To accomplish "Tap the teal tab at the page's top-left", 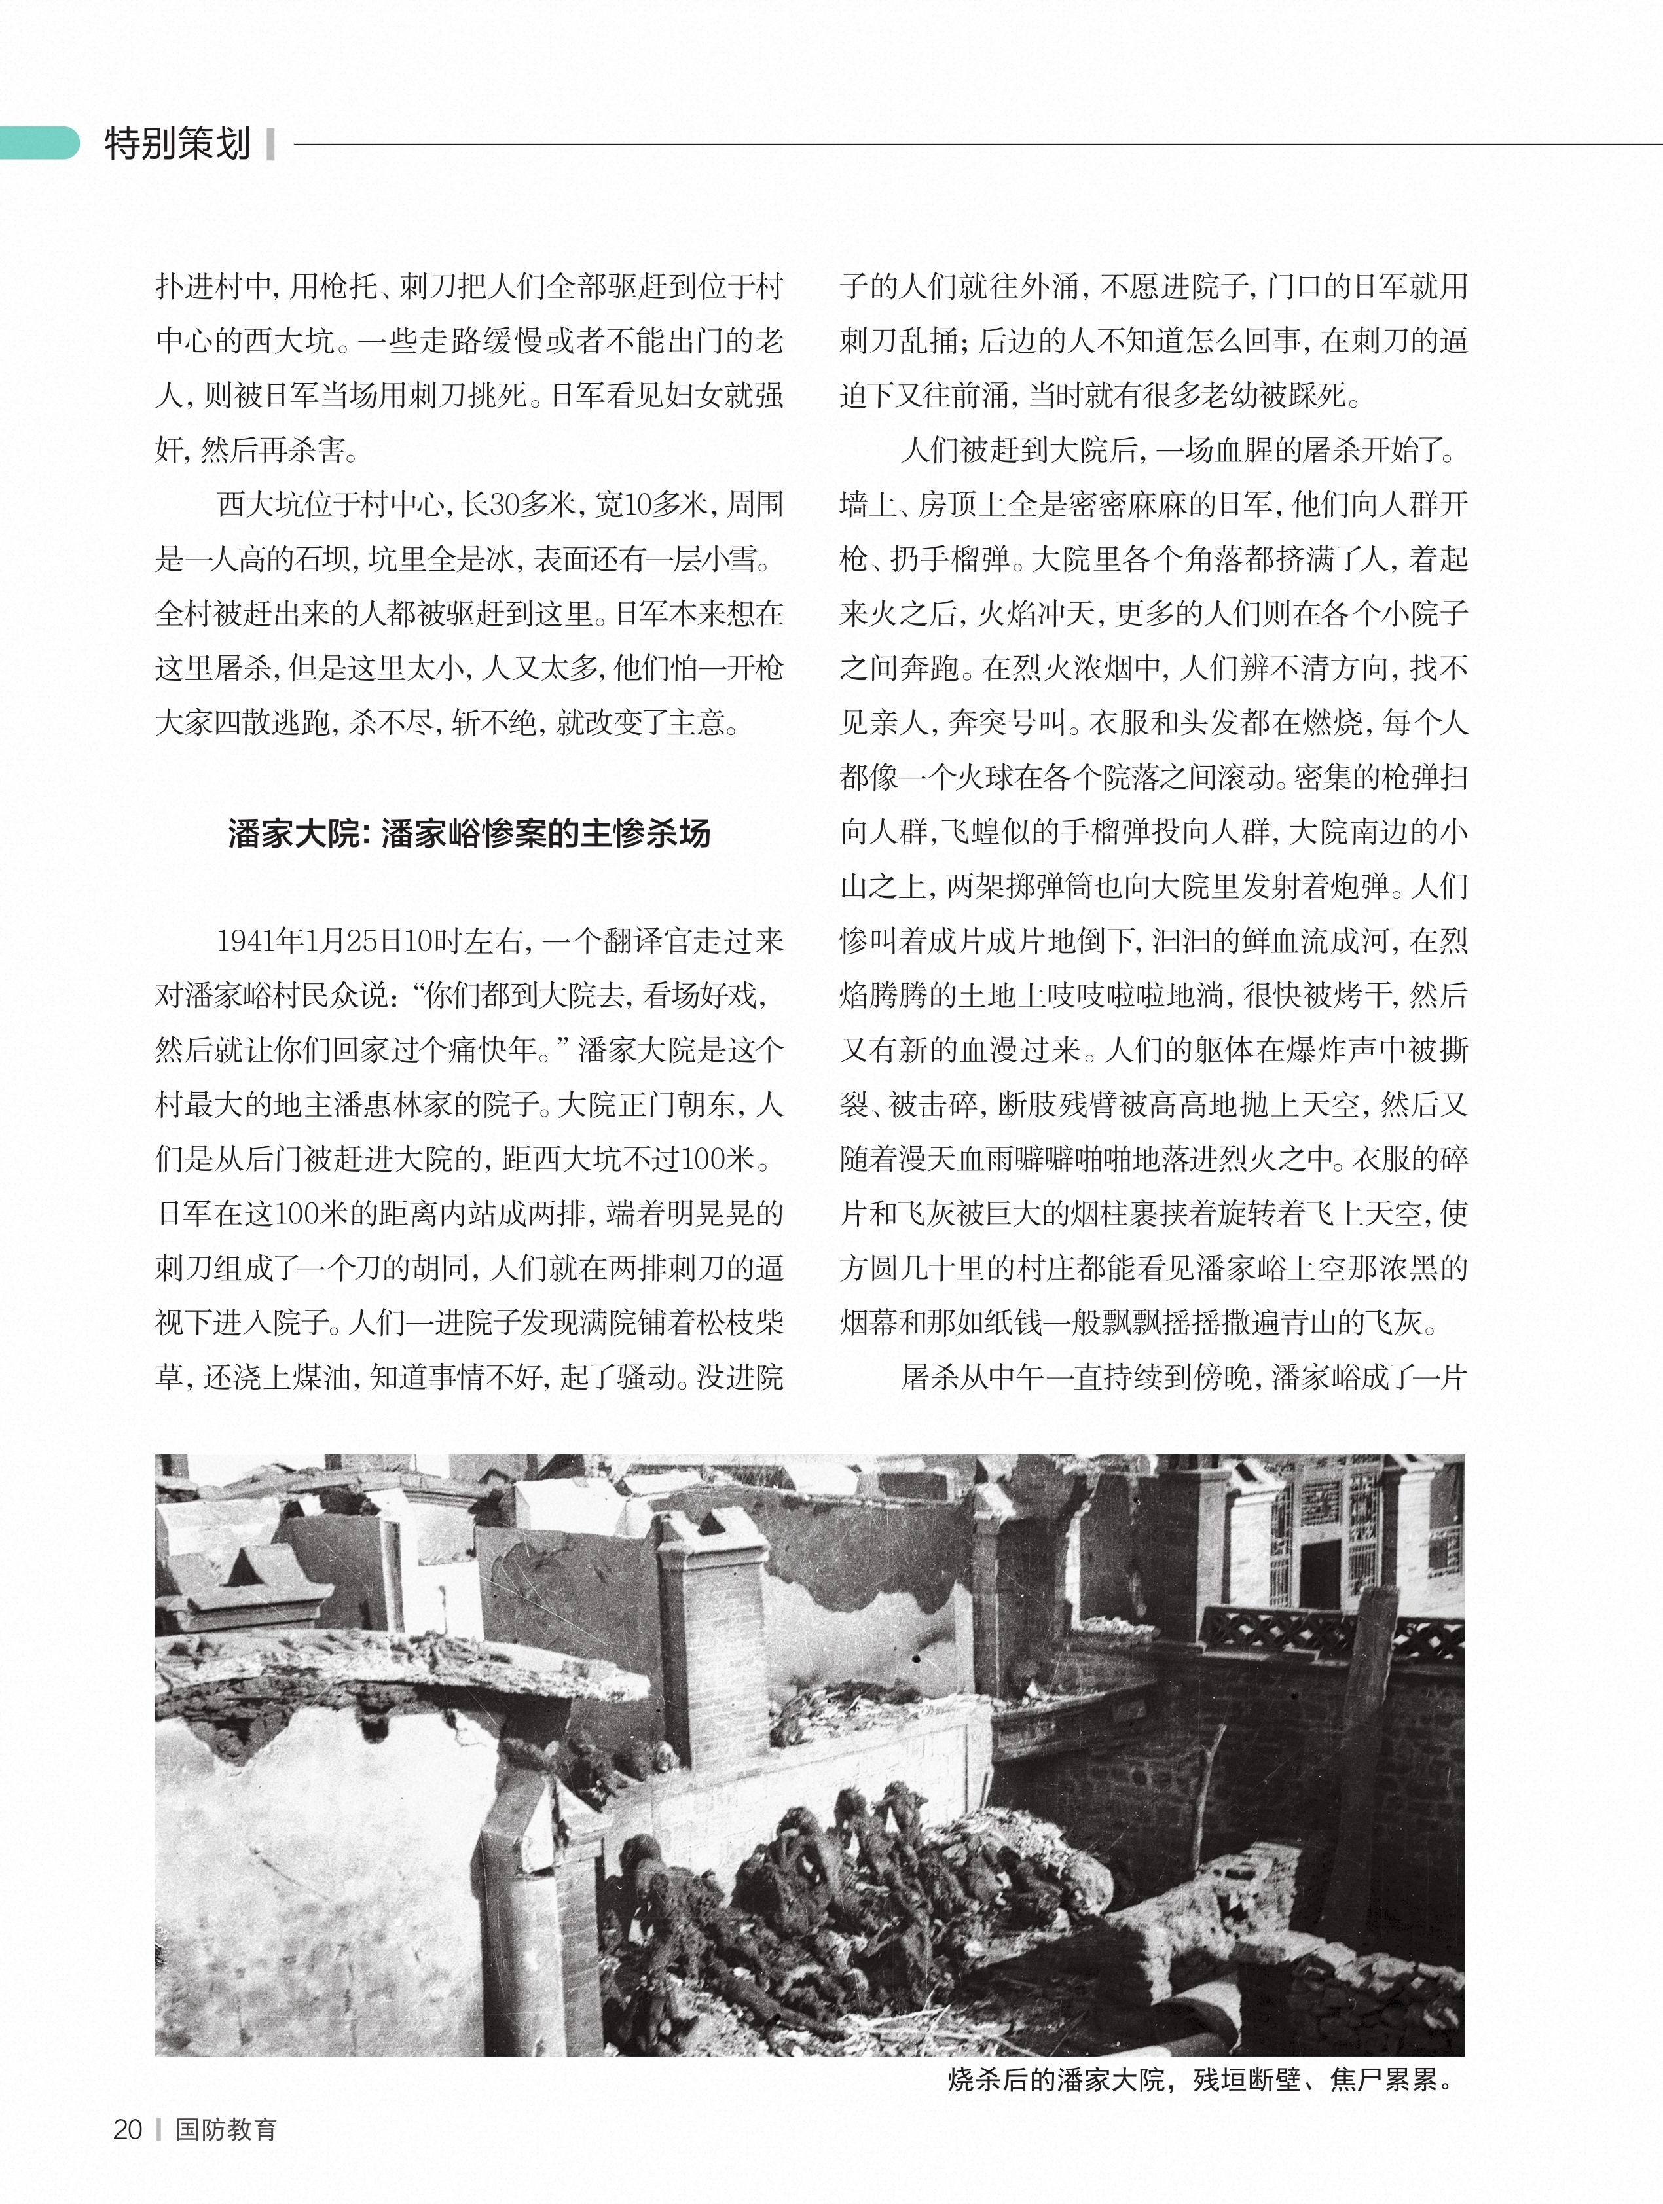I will point(38,143).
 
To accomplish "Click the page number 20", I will point(128,2129).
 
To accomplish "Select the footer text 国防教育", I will point(226,2129).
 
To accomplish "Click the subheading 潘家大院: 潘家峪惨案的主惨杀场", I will point(469,833).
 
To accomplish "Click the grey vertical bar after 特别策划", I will point(270,145).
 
